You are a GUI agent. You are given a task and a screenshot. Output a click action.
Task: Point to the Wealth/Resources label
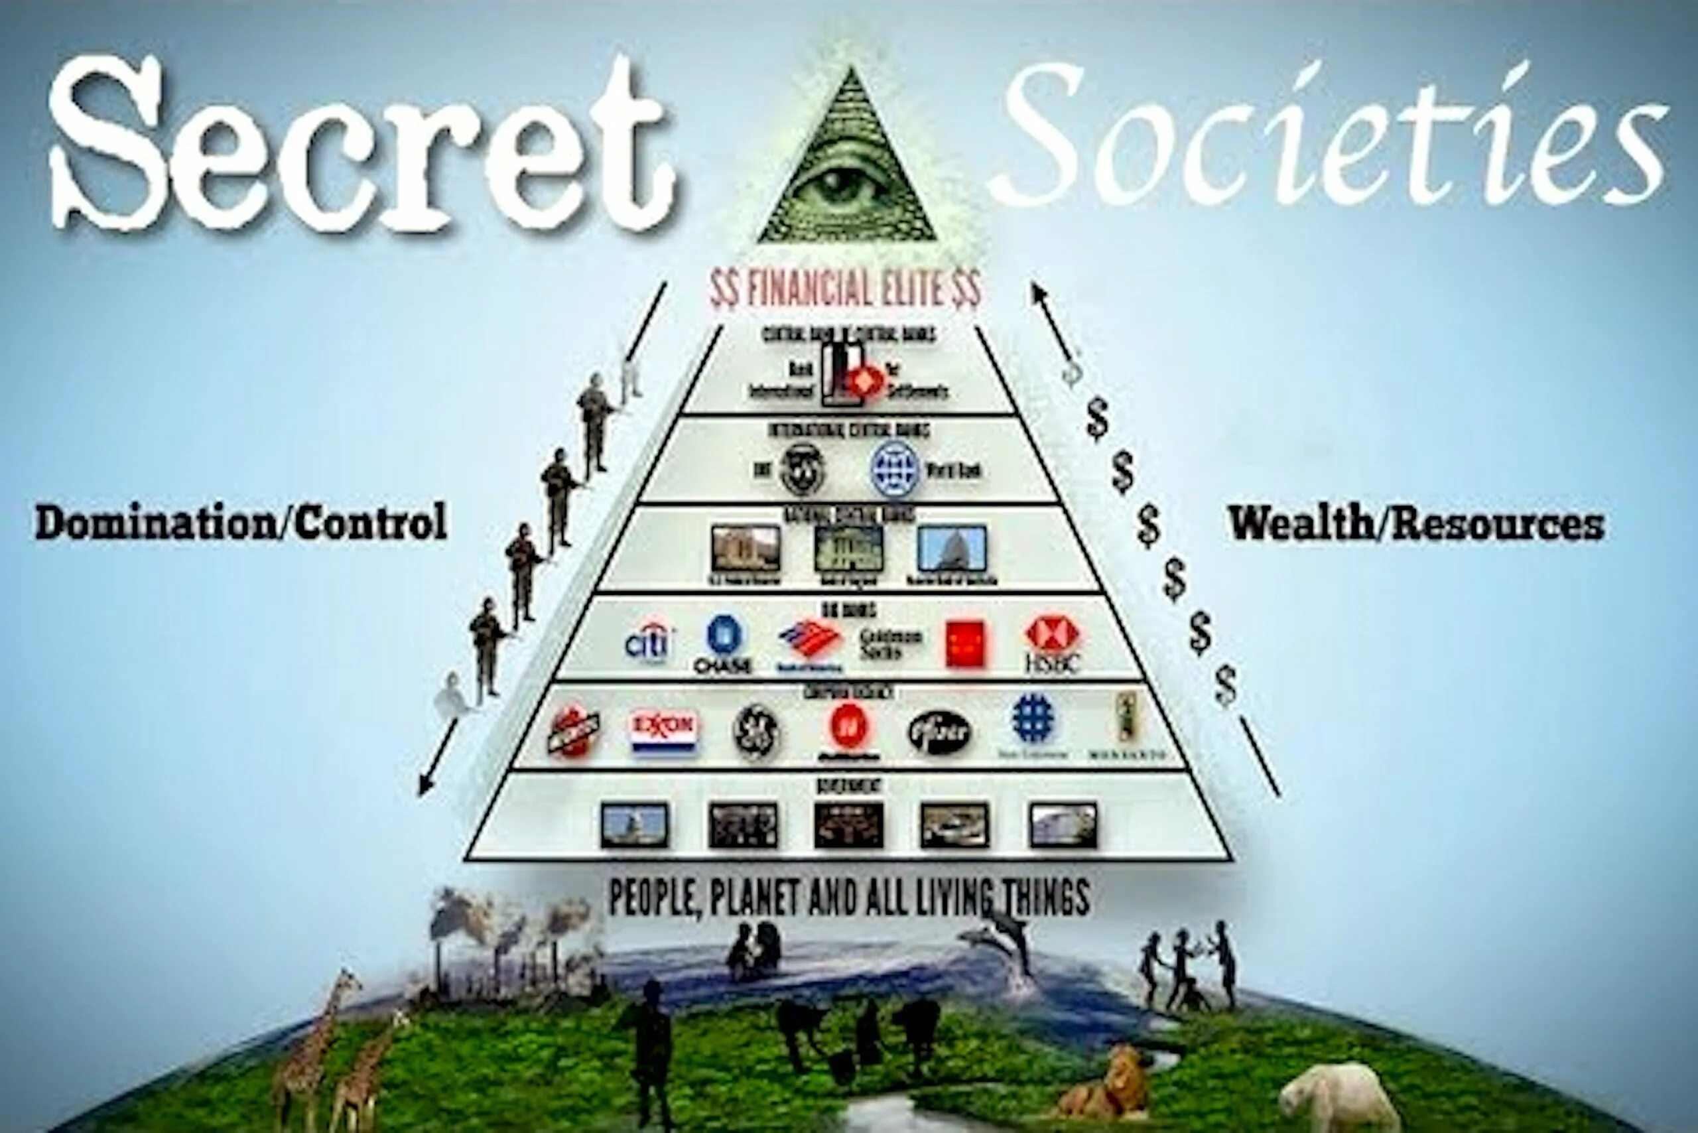pos(1416,523)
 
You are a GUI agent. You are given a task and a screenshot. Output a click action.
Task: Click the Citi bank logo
pos(648,642)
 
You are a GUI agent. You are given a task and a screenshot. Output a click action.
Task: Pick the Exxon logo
pos(663,730)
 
